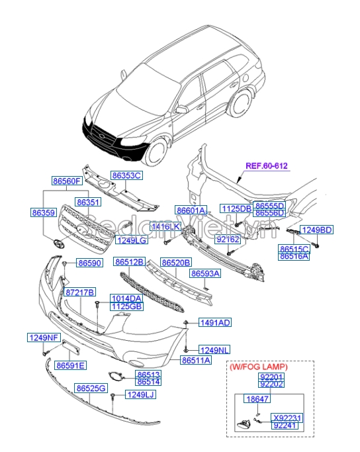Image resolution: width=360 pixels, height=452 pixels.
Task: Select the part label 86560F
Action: tap(67, 181)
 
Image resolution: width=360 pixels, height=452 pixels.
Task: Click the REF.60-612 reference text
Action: tap(267, 166)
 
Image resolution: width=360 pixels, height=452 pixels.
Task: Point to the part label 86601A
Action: tap(192, 210)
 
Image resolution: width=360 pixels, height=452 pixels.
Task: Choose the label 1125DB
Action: tap(236, 209)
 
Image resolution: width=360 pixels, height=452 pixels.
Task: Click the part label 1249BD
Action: tap(317, 230)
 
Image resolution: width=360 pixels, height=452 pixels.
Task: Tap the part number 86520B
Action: tap(176, 262)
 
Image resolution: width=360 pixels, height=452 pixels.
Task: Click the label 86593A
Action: tap(206, 273)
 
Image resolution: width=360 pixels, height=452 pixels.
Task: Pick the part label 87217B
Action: tap(80, 292)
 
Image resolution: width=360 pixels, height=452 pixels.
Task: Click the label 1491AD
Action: tap(216, 322)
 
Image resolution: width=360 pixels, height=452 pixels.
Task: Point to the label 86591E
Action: tap(71, 365)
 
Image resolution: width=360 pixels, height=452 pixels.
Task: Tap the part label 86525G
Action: tap(91, 388)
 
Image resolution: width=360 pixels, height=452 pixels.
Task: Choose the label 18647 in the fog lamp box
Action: tap(256, 400)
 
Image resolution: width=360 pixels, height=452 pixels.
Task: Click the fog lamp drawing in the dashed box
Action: tap(245, 426)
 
